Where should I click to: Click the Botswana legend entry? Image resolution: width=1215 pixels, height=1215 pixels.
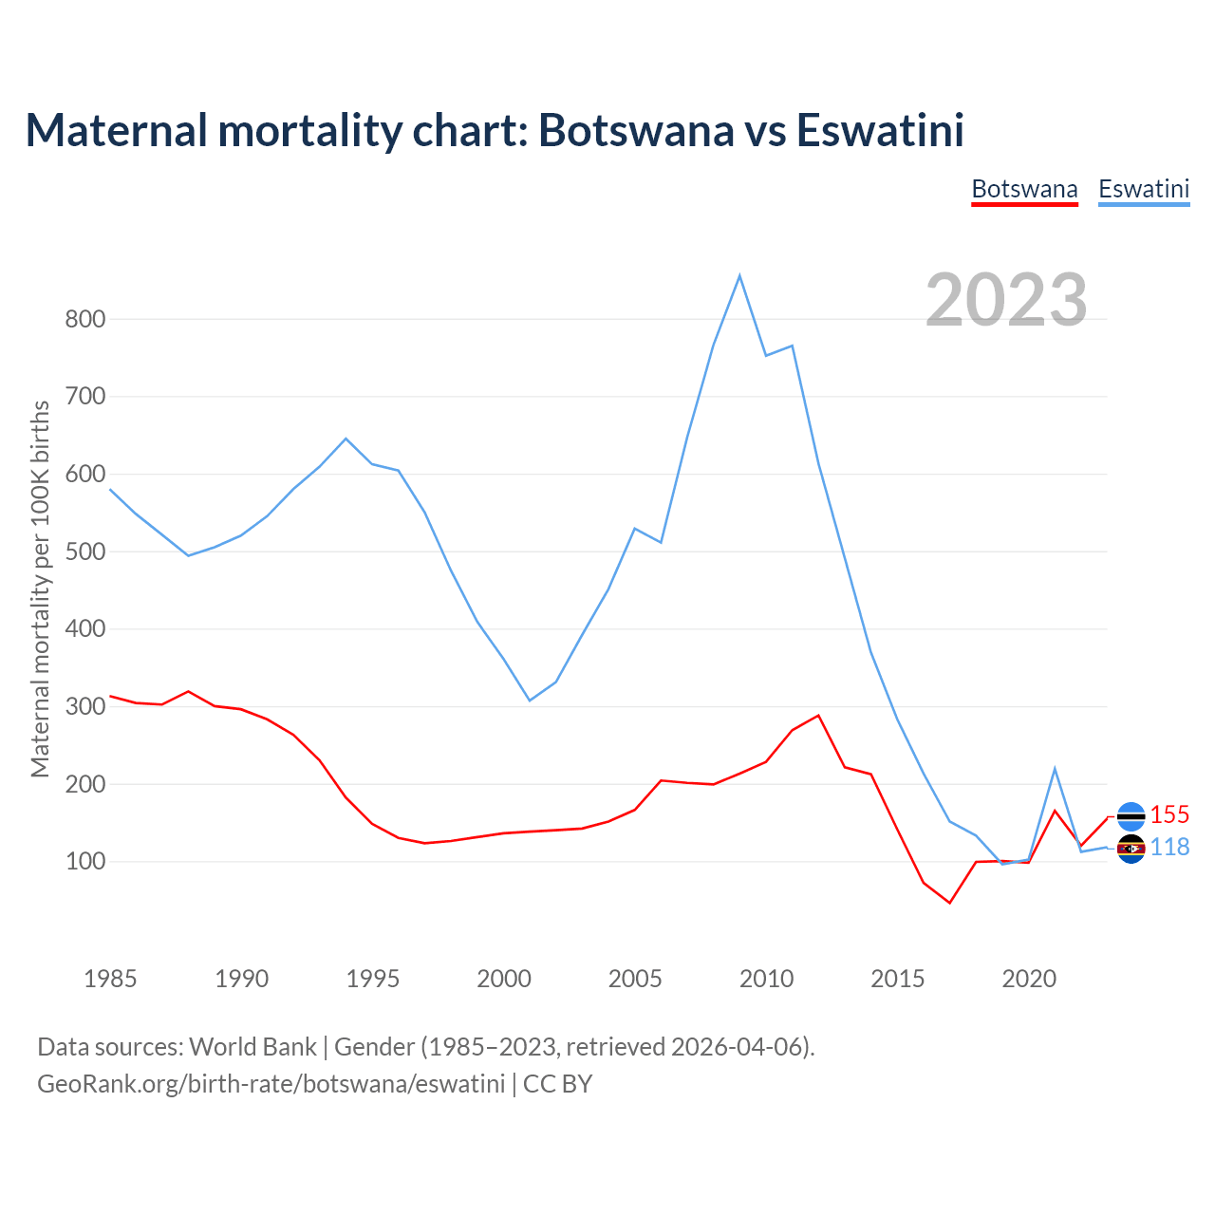click(x=1024, y=189)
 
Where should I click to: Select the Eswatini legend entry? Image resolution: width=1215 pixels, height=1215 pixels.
click(x=1144, y=189)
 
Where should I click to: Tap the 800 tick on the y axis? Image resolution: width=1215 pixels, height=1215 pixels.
click(x=84, y=319)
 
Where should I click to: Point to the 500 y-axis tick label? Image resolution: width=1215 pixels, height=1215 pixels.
click(x=84, y=551)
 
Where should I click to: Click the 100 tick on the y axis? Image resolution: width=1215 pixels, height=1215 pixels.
click(x=84, y=862)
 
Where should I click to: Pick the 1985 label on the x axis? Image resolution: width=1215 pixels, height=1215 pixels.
click(x=110, y=979)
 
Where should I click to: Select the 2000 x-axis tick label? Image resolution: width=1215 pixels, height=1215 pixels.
click(x=504, y=979)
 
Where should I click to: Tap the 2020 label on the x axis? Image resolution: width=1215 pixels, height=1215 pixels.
click(x=1029, y=979)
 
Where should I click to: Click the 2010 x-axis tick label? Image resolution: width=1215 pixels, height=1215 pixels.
click(x=766, y=979)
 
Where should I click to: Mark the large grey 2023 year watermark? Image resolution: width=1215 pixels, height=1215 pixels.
click(x=1006, y=300)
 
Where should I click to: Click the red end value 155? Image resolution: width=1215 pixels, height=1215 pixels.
click(x=1169, y=814)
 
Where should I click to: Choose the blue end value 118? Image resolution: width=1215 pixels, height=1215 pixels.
click(x=1169, y=847)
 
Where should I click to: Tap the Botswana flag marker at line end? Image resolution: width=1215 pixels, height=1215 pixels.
click(x=1131, y=815)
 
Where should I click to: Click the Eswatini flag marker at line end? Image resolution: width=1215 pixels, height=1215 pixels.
click(x=1131, y=849)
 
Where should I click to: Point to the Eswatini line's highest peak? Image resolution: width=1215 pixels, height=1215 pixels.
click(x=739, y=276)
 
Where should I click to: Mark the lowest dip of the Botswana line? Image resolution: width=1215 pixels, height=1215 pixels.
click(x=949, y=903)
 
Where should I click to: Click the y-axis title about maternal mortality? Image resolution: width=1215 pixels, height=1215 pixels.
click(x=40, y=589)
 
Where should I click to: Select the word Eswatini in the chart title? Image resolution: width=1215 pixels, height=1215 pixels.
click(x=880, y=130)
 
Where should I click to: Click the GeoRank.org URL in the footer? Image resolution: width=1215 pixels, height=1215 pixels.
click(x=271, y=1083)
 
